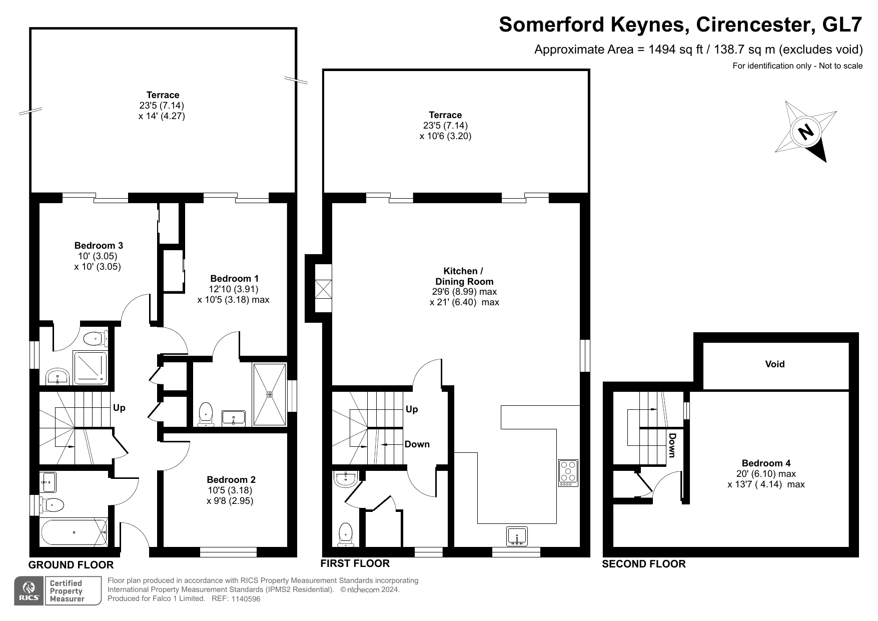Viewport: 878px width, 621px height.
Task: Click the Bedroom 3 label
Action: click(x=99, y=245)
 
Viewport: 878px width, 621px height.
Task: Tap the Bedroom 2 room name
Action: click(x=231, y=479)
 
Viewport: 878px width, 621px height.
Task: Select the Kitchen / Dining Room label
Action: click(x=464, y=276)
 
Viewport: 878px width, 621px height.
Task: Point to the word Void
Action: click(x=775, y=364)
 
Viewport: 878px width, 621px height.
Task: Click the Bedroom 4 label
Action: click(x=766, y=463)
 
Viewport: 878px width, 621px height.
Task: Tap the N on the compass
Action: click(x=805, y=132)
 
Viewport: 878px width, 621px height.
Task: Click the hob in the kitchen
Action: click(x=568, y=473)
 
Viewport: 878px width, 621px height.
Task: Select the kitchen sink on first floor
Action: click(x=517, y=536)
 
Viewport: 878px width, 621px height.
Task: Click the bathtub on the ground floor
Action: click(x=74, y=532)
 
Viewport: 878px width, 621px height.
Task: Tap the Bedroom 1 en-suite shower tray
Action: click(x=270, y=395)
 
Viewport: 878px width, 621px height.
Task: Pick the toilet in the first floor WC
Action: click(x=346, y=535)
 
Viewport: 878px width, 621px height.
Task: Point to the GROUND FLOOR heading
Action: click(x=71, y=565)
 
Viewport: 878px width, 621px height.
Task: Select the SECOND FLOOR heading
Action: click(x=644, y=564)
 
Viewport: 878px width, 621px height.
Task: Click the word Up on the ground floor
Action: click(x=119, y=408)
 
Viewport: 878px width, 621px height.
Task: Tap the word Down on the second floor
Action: click(x=672, y=445)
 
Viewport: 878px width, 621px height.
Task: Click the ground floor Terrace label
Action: click(x=163, y=95)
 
